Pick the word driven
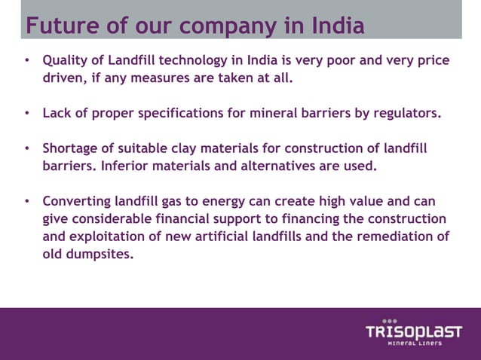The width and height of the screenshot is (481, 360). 63,78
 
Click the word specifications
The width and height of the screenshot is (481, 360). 200,114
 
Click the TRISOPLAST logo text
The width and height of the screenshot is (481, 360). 414,332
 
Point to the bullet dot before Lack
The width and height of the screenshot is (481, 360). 26,114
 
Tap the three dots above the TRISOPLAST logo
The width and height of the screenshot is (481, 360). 390,321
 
